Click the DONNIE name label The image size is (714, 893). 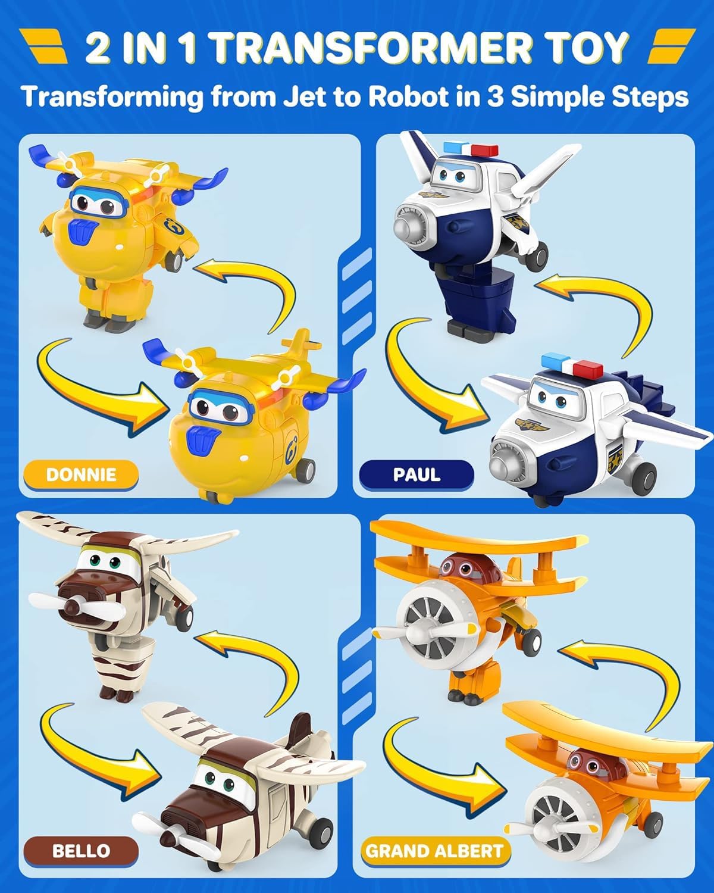coord(81,474)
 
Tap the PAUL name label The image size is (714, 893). coord(416,474)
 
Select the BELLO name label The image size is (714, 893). coord(81,850)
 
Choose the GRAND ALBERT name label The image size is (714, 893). coord(434,850)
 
